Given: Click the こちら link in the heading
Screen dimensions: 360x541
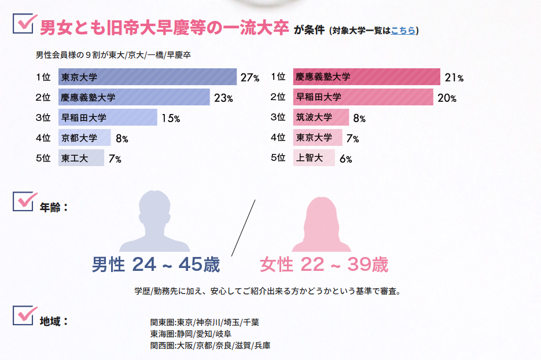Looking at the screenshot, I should point(403,31).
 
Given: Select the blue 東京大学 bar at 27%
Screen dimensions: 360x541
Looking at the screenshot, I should point(147,77).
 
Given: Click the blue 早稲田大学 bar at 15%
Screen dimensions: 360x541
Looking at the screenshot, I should point(108,118).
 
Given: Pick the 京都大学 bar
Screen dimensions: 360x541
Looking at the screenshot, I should point(84,138).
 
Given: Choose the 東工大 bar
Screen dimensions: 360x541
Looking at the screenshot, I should point(81,158).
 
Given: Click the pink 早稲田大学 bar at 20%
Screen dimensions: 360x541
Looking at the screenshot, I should point(363,97).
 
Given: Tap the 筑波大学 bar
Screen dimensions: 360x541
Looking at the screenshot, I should point(321,117).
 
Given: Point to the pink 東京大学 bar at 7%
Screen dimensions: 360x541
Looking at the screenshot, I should point(318,138).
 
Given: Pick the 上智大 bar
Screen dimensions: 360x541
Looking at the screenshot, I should point(314,157).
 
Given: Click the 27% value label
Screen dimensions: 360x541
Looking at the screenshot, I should point(249,78).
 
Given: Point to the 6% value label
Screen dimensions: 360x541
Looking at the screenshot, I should point(345,159).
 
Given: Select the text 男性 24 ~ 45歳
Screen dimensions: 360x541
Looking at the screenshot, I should point(156,265).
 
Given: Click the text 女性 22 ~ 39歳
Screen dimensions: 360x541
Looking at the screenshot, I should point(323,265).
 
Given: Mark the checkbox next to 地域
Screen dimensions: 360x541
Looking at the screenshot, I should point(24,316).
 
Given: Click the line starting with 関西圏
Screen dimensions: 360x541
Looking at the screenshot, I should point(210,346).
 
